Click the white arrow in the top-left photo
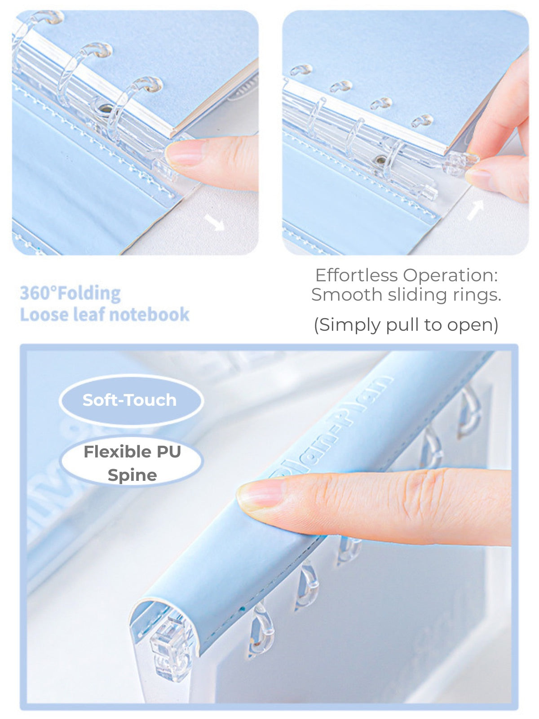point(214,222)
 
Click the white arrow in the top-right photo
point(475,210)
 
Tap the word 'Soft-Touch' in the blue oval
point(129,400)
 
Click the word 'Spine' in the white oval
point(133,475)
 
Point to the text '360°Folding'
point(71,293)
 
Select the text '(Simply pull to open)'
point(406,324)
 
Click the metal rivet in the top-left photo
point(106,108)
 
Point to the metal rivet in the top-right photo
point(381,160)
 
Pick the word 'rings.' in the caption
point(482,295)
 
